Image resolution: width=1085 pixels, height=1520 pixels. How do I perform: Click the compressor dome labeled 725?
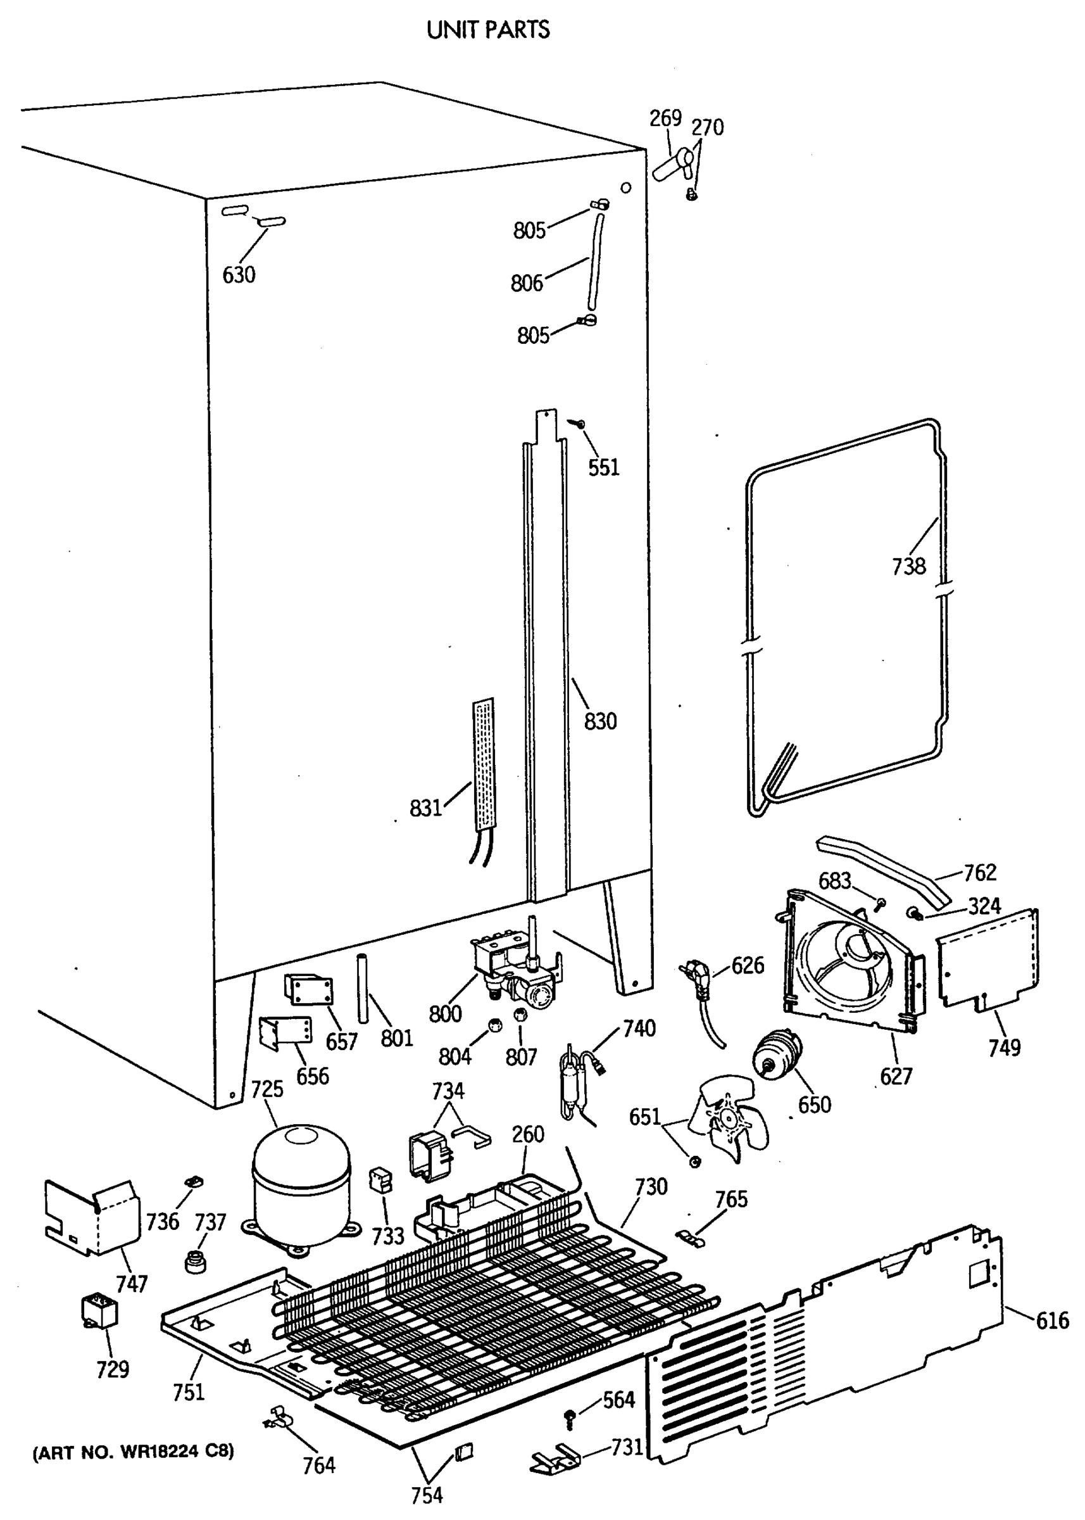(301, 1186)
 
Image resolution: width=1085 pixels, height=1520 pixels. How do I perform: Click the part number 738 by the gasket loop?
(908, 567)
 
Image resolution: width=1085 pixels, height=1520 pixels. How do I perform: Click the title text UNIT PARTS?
(489, 30)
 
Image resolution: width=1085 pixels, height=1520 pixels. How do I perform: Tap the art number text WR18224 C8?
(134, 1452)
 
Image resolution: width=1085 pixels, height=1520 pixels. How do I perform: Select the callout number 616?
(1052, 1320)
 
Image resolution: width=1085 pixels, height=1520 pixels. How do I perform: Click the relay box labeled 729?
(99, 1310)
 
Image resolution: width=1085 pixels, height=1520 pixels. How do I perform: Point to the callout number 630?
(239, 275)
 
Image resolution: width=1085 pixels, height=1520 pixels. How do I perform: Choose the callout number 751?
(189, 1391)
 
